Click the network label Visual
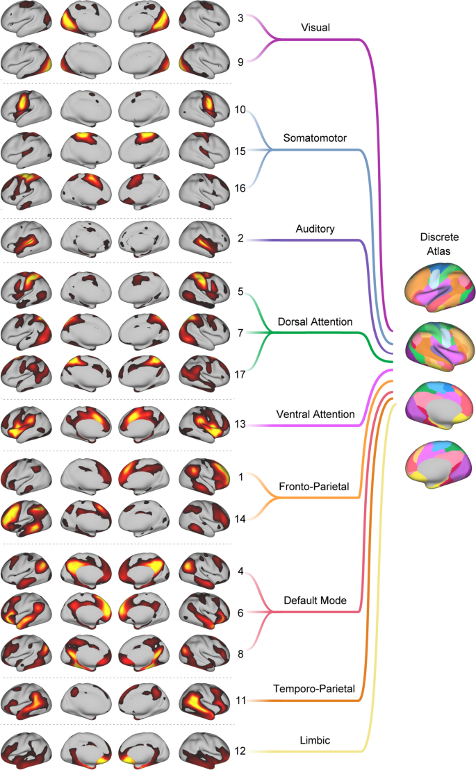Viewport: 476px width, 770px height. [315, 28]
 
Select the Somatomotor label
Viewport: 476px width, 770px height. [315, 137]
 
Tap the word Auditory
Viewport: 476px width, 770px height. [315, 228]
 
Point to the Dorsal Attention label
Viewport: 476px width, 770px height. [315, 321]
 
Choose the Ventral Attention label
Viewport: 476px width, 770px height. [315, 415]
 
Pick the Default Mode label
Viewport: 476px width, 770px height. [315, 601]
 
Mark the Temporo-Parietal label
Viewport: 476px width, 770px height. [315, 689]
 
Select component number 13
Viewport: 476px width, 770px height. [240, 425]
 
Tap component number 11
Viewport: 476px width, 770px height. [240, 701]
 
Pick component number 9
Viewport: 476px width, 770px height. [240, 62]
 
